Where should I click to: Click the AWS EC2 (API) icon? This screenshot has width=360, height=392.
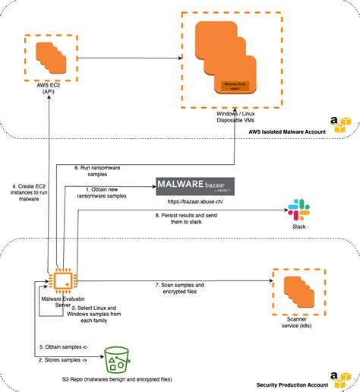tap(49, 57)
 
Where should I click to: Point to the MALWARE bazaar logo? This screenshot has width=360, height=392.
tap(195, 186)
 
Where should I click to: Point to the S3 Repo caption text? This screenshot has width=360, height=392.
tap(117, 378)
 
